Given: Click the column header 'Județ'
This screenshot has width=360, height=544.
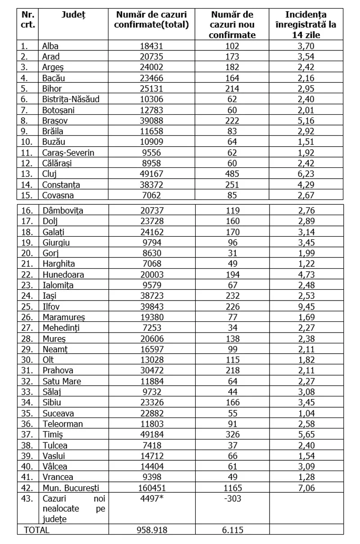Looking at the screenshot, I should (73, 15).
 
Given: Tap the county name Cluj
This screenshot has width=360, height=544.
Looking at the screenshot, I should (49, 174).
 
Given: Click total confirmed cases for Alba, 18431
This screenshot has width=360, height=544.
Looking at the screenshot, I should (151, 46).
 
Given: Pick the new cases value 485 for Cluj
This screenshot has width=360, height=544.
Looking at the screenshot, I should (232, 174).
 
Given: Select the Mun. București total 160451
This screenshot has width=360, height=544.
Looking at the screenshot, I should (151, 488).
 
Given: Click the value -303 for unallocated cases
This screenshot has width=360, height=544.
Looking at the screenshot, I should (232, 499).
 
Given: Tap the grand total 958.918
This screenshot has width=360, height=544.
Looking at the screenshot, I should (151, 530).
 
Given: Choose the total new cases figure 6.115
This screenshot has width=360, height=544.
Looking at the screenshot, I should (232, 530).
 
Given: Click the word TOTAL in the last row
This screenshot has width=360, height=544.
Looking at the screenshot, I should (36, 530).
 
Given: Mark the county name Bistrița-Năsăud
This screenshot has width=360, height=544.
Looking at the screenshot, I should (71, 99).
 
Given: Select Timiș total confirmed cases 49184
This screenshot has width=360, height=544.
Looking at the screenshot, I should (151, 434).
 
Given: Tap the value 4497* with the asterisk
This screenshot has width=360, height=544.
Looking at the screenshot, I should (151, 499).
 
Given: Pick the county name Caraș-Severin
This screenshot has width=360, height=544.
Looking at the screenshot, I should (68, 153).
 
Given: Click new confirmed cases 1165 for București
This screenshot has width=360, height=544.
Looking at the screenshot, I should (232, 488).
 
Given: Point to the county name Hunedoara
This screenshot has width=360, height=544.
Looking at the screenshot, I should (63, 274).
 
